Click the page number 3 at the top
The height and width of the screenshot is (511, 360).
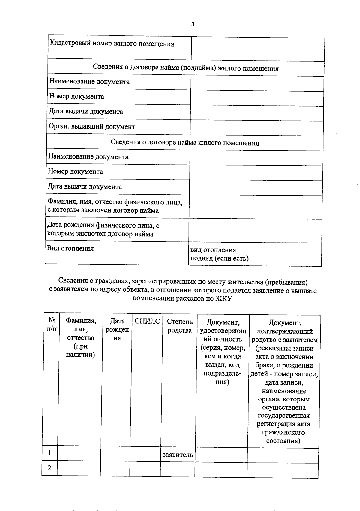[193, 24]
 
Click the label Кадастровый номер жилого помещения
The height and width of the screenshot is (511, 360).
[112, 44]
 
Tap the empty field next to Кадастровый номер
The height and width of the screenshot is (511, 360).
[258, 49]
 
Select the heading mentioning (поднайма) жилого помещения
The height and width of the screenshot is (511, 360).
[186, 68]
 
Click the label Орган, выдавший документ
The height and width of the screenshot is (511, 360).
[92, 127]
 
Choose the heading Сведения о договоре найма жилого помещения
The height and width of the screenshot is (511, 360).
[185, 143]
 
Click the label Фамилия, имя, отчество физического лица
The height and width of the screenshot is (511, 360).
[115, 202]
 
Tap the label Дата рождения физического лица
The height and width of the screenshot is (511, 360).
[103, 225]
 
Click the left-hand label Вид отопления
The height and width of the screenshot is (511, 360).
[70, 249]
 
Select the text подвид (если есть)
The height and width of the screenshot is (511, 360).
[219, 258]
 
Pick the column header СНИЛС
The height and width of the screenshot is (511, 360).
[147, 322]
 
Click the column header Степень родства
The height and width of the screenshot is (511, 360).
[179, 326]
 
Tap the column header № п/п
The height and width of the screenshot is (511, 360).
[51, 325]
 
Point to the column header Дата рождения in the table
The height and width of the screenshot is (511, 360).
[117, 330]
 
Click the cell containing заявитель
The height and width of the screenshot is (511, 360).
[178, 455]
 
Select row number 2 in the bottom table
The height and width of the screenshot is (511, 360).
[49, 468]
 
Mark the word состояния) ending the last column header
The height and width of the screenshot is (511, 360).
[283, 441]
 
